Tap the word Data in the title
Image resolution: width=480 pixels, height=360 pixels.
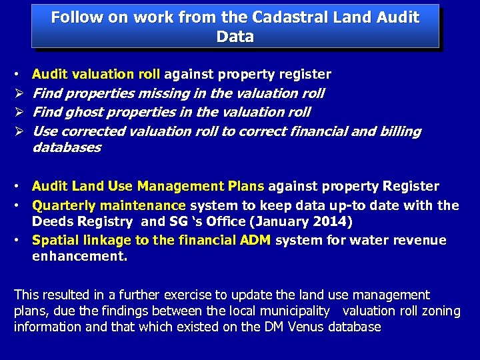coord(235,37)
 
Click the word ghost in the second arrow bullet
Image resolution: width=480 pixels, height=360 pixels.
coord(84,112)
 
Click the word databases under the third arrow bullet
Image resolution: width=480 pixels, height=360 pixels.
coord(67,147)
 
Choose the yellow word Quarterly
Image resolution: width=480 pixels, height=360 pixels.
coord(65,205)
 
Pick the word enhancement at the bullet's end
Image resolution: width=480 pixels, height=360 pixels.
coord(79,256)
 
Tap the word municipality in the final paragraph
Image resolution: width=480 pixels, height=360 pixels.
coord(293,311)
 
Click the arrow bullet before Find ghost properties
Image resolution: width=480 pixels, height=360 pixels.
coord(18,112)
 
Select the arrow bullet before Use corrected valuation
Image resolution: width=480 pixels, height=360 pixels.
coord(18,131)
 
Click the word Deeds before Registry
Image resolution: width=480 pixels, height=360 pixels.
coord(54,221)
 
